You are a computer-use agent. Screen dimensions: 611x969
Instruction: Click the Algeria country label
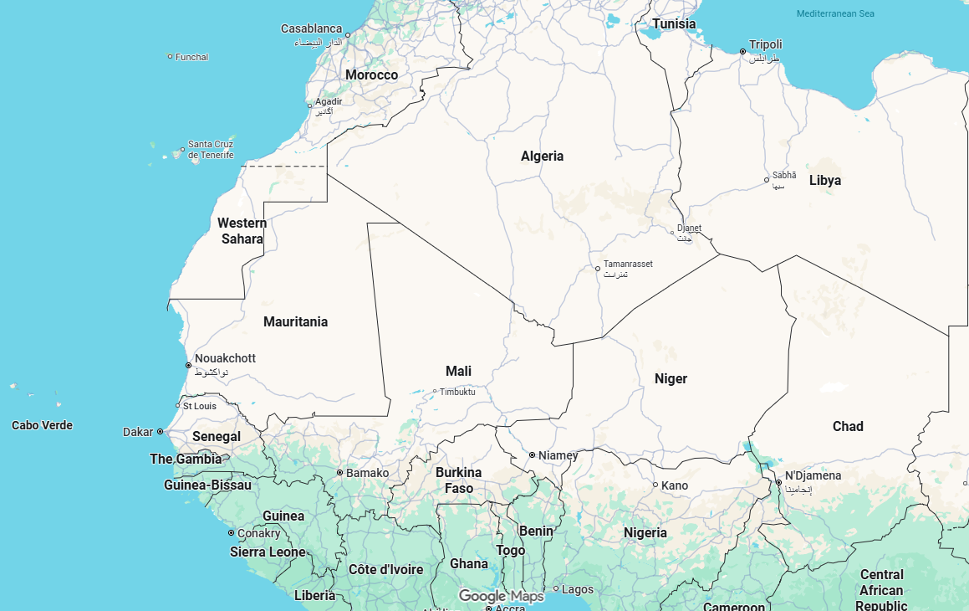(x=542, y=156)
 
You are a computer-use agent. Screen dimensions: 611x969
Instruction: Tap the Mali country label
(x=458, y=371)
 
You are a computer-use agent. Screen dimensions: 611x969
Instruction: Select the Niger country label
(x=671, y=378)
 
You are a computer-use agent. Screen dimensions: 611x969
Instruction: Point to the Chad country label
(x=848, y=426)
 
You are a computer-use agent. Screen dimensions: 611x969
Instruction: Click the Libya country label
(x=825, y=180)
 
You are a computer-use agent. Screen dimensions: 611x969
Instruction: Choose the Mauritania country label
(x=295, y=321)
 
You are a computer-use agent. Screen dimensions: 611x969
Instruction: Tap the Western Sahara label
(x=242, y=231)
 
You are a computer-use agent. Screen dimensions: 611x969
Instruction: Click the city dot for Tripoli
(x=742, y=52)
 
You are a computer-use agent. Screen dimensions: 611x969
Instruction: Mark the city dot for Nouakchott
(x=188, y=365)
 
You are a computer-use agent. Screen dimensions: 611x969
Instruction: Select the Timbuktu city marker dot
(x=435, y=391)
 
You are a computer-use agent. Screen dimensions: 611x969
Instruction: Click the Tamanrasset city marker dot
(x=597, y=269)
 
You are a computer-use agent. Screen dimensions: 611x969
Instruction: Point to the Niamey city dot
(x=532, y=454)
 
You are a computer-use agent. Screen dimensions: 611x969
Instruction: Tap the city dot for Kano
(x=655, y=485)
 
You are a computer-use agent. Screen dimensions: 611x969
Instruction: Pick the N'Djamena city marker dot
(x=778, y=483)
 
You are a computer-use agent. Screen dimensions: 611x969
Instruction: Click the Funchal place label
(x=191, y=57)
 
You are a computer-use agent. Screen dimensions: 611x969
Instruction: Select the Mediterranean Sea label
(x=835, y=13)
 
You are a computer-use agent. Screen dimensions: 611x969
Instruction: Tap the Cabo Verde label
(x=42, y=425)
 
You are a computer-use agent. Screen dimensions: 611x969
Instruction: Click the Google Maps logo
(x=501, y=596)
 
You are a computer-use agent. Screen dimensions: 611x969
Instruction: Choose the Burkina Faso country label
(x=459, y=480)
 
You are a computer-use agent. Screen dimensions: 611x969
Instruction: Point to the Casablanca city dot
(x=348, y=35)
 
